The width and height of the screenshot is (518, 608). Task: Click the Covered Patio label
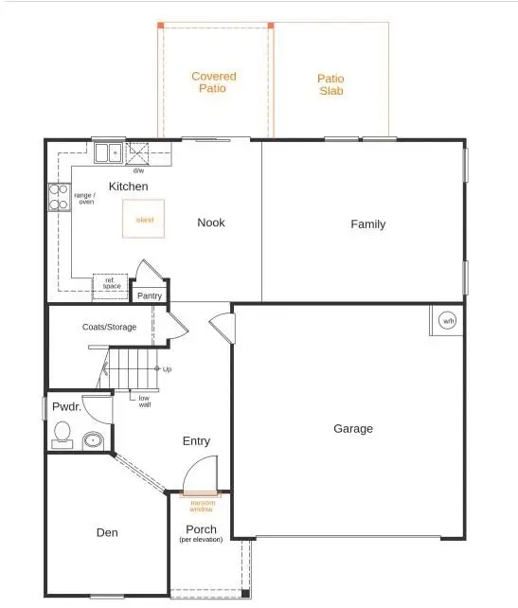coord(213,82)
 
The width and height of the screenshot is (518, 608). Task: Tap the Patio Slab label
coord(330,85)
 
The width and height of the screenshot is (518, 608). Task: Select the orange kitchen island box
coord(145,219)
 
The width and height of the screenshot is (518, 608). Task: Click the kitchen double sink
coord(106,152)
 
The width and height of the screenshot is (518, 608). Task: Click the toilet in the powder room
coord(63,434)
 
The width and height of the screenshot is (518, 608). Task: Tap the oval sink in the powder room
coord(93,439)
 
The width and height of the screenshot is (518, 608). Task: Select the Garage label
coord(352,429)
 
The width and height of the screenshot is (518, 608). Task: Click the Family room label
coord(367,224)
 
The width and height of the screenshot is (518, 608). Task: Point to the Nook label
coord(210,223)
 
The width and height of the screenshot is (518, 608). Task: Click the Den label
coord(107,533)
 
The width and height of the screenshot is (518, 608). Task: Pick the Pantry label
coord(151,295)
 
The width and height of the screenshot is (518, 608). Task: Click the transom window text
coord(203,506)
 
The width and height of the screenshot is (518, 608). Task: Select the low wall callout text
coord(144,402)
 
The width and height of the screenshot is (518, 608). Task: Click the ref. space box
coord(109,286)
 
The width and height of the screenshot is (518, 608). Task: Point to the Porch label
coord(201,529)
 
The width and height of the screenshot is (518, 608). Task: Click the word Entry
coord(196,441)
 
